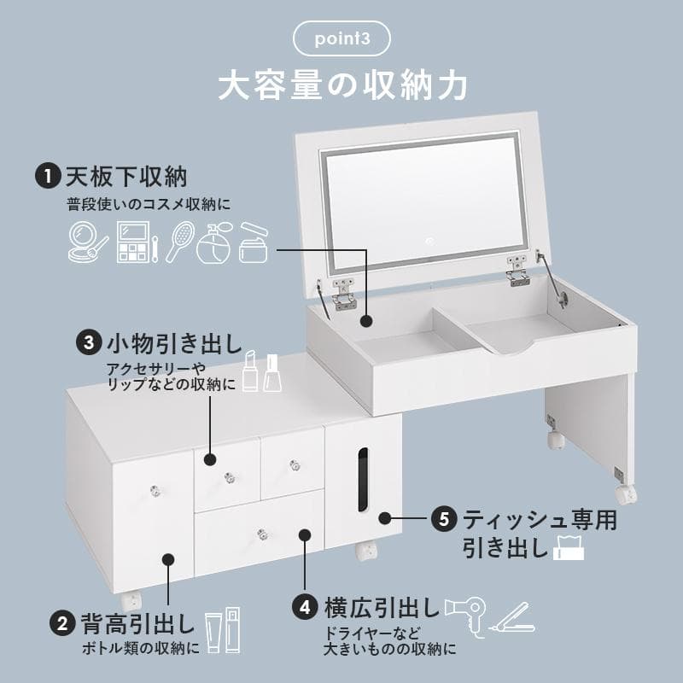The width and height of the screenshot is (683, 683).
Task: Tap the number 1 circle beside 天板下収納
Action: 46,177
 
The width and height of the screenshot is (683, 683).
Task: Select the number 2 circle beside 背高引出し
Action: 61,622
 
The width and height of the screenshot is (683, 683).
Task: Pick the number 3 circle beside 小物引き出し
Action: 89,343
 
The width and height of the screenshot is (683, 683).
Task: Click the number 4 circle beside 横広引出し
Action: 305,609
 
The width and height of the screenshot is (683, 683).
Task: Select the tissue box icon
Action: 569,546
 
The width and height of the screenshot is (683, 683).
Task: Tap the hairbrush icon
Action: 180,242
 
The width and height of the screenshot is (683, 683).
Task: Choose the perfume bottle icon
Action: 213,244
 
